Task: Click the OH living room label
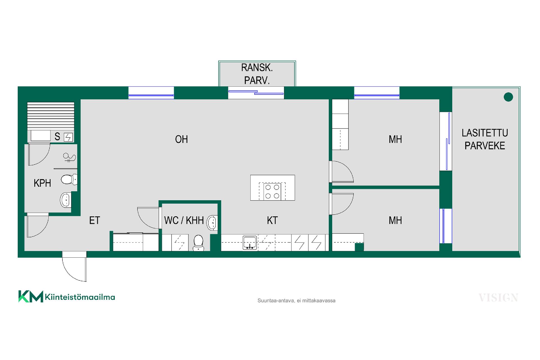(181, 139)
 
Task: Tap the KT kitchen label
(272, 220)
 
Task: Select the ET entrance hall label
(94, 220)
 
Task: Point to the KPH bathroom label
(42, 183)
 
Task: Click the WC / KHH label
(184, 220)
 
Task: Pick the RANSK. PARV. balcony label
(257, 74)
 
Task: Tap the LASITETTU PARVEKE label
(485, 139)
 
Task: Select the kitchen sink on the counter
(250, 243)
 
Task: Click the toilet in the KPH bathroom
(69, 179)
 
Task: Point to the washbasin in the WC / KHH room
(212, 223)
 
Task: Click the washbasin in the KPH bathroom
(66, 200)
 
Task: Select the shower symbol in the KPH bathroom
(69, 157)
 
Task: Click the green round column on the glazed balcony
(508, 97)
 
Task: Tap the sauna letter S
(57, 137)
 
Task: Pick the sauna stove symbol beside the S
(68, 137)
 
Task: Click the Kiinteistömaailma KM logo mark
(31, 296)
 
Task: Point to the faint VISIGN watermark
(498, 298)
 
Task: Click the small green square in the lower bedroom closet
(359, 247)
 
